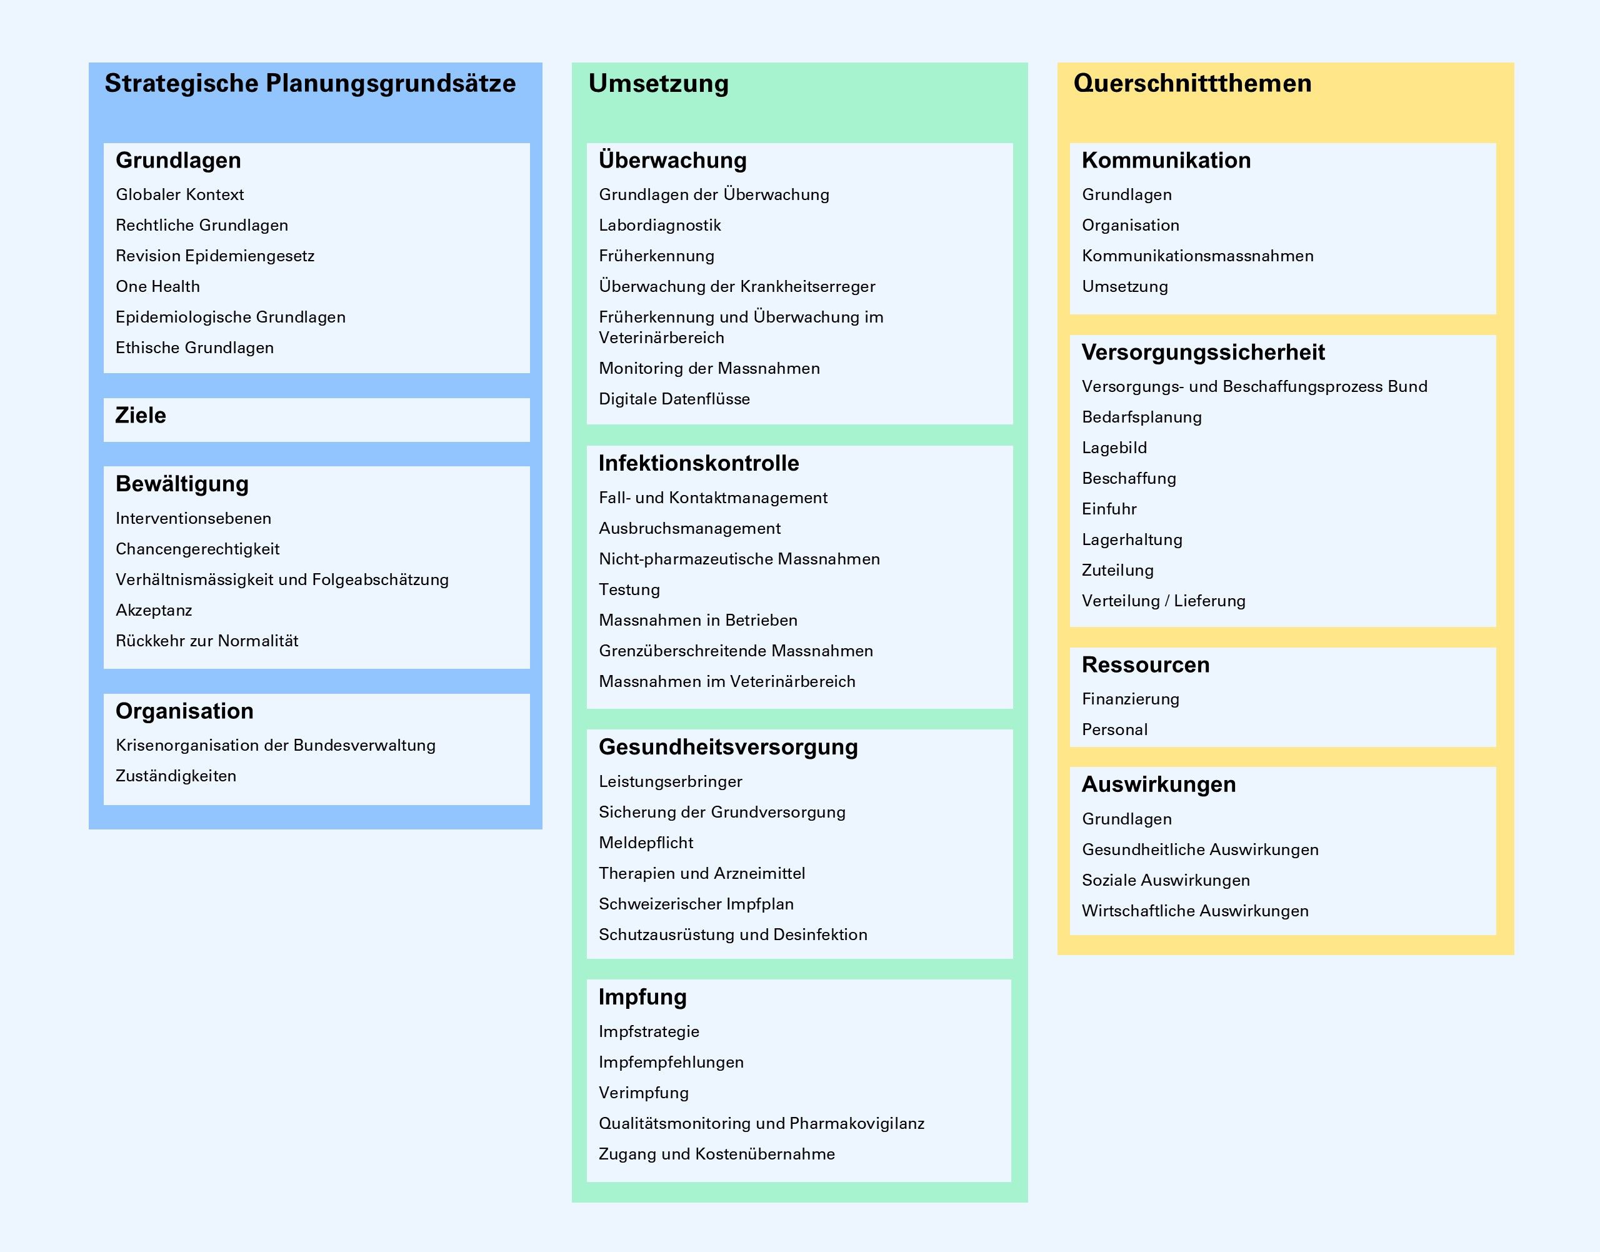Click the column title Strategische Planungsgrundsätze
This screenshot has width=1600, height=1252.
point(309,84)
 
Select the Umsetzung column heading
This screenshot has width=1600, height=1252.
point(658,84)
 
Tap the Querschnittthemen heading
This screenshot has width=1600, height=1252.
point(1192,84)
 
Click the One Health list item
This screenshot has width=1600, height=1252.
point(157,287)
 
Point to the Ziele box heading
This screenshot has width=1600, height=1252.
point(141,416)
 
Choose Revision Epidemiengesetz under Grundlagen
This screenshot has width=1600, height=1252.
point(215,256)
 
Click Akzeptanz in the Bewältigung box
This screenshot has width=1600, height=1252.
point(154,610)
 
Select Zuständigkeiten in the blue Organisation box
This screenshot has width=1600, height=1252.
point(176,776)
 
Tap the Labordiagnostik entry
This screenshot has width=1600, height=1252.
point(659,225)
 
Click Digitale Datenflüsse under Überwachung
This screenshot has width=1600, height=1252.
point(674,399)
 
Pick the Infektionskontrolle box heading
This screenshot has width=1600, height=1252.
point(699,463)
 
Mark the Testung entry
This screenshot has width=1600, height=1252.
point(629,589)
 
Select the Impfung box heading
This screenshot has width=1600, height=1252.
point(642,997)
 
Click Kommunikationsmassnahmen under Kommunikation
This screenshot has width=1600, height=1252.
point(1197,256)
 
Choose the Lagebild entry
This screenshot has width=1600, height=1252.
point(1114,448)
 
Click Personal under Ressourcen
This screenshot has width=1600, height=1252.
point(1115,729)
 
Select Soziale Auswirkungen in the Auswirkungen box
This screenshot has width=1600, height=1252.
point(1166,880)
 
